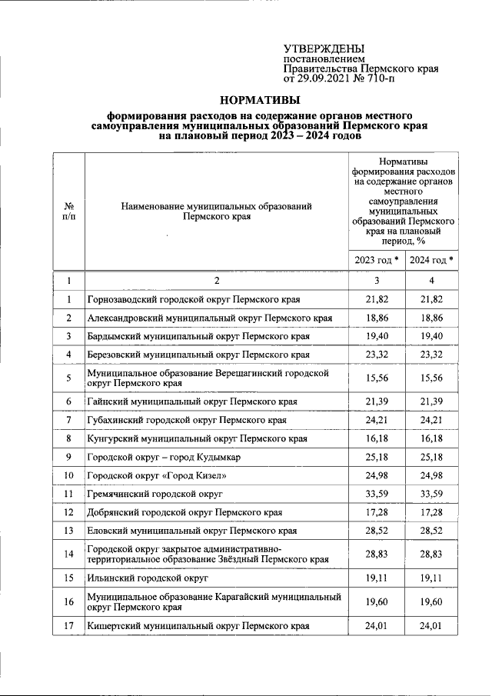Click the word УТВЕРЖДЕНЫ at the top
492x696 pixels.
pyautogui.click(x=324, y=48)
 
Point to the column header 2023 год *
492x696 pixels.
pyautogui.click(x=376, y=260)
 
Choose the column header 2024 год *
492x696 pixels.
pyautogui.click(x=431, y=260)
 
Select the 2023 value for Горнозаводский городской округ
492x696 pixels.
pyautogui.click(x=376, y=299)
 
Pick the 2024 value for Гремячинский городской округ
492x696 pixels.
pyautogui.click(x=431, y=493)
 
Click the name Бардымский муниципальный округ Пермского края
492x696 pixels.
pyautogui.click(x=198, y=336)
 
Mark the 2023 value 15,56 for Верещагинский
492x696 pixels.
pyautogui.click(x=376, y=378)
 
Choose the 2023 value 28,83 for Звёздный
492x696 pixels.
pyautogui.click(x=376, y=553)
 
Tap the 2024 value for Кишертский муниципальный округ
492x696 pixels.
pyautogui.click(x=431, y=626)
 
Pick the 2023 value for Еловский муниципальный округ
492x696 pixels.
pyautogui.click(x=376, y=530)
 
